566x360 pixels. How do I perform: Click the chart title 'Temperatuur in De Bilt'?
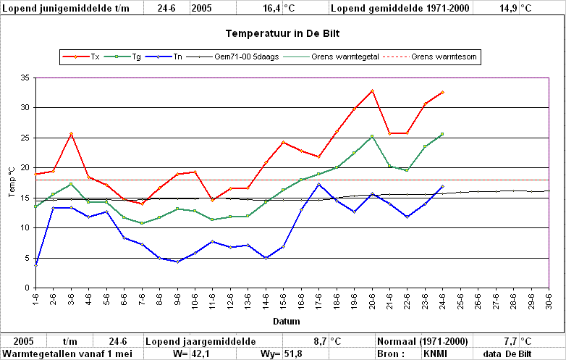pos(283,33)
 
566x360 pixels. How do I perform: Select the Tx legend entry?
pos(81,56)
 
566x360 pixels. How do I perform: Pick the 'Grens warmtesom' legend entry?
pos(430,56)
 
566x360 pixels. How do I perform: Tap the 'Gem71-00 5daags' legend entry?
pos(233,56)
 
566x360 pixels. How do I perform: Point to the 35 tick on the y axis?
pos(25,78)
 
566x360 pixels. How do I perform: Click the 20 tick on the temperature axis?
pos(25,167)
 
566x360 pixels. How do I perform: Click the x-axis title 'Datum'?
pos(286,322)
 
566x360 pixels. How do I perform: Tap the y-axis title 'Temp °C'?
pos(12,182)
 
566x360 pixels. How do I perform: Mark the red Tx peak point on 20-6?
pos(372,91)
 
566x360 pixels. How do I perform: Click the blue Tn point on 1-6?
pos(35,265)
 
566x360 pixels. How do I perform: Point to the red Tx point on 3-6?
pos(71,134)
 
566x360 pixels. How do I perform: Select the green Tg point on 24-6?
pos(442,134)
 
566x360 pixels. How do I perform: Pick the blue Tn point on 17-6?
pos(318,185)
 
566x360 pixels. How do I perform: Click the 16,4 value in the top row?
pos(271,8)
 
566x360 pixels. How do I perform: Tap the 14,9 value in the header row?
pos(508,8)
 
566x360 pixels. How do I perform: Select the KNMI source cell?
pos(435,354)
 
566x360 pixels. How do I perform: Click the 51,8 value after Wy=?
pos(293,354)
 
